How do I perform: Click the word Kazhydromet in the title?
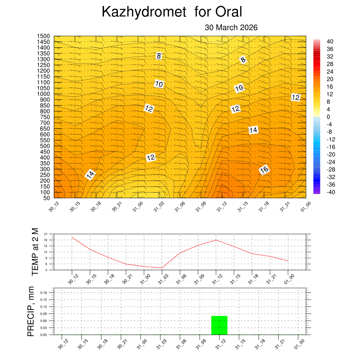click(x=143, y=12)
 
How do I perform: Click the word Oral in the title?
click(x=229, y=12)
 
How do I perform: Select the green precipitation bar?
click(x=219, y=325)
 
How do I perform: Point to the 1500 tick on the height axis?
click(x=44, y=36)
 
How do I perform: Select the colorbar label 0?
click(x=328, y=117)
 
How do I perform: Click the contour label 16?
click(x=264, y=170)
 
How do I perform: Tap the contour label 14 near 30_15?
click(x=90, y=175)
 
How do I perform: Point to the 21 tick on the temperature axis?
click(x=46, y=234)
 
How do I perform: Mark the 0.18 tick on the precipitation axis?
click(x=43, y=292)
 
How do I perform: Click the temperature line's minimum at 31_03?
click(x=162, y=268)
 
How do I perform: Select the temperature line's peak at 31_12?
click(x=216, y=240)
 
